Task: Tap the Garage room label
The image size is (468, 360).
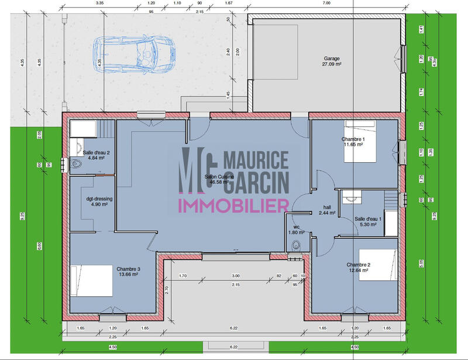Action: point(332,59)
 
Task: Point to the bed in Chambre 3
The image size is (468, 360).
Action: point(91,281)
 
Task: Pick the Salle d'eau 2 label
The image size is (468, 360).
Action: point(97,153)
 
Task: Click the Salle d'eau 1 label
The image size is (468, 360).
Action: point(368,219)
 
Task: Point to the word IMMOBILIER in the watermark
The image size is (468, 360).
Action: point(233,205)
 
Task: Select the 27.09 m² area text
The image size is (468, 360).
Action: point(332,64)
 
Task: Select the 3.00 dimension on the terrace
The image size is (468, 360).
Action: point(235,275)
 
